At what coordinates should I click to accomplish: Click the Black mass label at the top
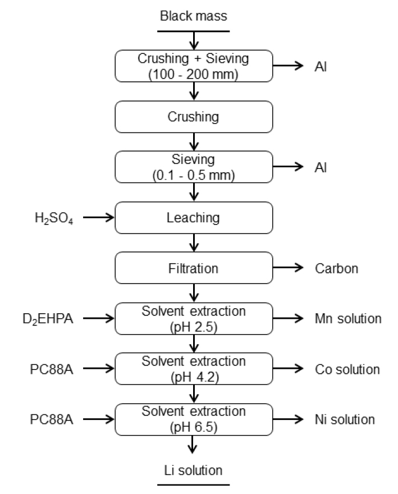[x=194, y=16]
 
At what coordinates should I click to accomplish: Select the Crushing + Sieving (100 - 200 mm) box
[x=194, y=66]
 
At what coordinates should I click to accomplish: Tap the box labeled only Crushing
[x=194, y=117]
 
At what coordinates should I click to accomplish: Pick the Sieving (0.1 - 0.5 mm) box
[x=194, y=167]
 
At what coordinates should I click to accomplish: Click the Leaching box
[x=194, y=217]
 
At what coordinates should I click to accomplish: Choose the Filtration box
[x=194, y=268]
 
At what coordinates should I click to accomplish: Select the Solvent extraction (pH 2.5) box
[x=194, y=319]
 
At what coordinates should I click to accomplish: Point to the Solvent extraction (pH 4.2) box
[x=194, y=369]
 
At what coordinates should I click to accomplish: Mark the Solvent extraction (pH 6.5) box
[x=194, y=419]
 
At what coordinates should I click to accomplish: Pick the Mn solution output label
[x=349, y=319]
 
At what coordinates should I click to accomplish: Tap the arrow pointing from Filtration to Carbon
[x=289, y=268]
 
